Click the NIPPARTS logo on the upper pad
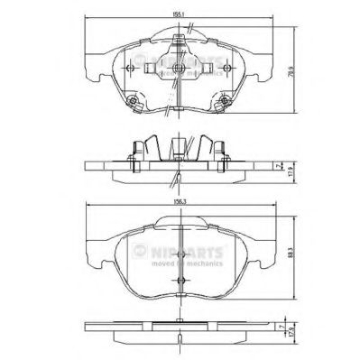180,61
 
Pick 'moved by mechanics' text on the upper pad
180,70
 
